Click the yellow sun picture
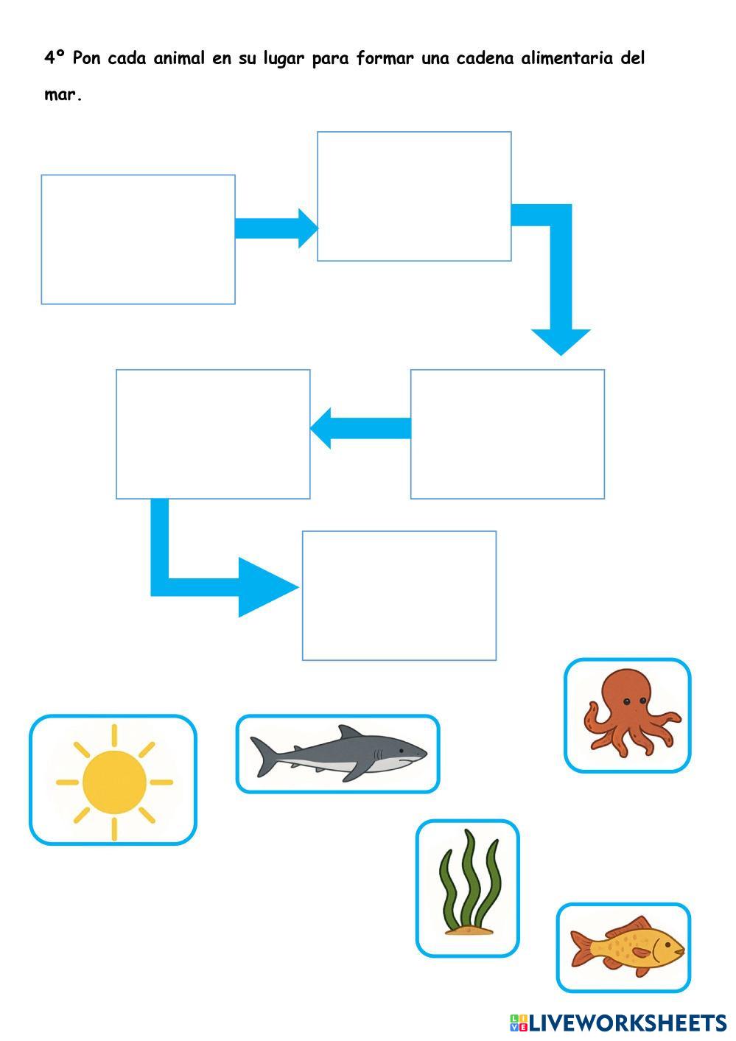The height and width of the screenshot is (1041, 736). (x=113, y=782)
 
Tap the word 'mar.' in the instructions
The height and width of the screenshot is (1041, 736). (x=63, y=96)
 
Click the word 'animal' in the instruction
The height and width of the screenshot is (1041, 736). (x=179, y=58)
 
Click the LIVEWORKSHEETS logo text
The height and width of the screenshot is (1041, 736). (x=626, y=1023)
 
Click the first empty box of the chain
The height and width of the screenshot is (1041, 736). (x=138, y=239)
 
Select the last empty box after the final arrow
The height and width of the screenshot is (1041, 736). (x=399, y=595)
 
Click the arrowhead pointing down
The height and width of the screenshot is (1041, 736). (x=561, y=340)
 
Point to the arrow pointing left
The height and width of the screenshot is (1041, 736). (x=360, y=428)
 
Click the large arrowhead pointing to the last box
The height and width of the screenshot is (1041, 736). (x=265, y=587)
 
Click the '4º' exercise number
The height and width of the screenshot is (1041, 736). (x=55, y=58)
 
